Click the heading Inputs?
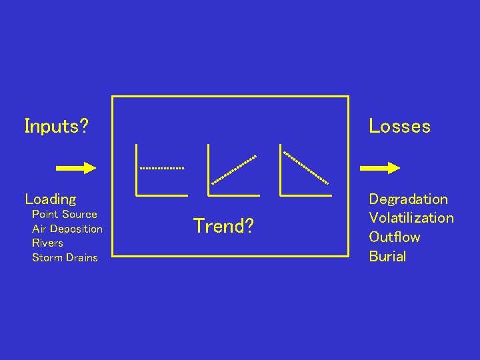(57, 126)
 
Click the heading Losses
(399, 126)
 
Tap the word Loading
(51, 199)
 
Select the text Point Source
(65, 214)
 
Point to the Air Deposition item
(67, 229)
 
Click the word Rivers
(47, 243)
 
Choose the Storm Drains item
(65, 257)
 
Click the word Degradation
(408, 199)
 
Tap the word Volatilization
(411, 218)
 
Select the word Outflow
(395, 237)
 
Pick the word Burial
(387, 256)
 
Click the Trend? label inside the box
(223, 226)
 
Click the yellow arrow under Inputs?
(76, 168)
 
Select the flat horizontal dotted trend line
(161, 168)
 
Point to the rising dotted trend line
(234, 169)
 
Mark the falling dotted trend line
(306, 168)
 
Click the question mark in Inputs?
(84, 126)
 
